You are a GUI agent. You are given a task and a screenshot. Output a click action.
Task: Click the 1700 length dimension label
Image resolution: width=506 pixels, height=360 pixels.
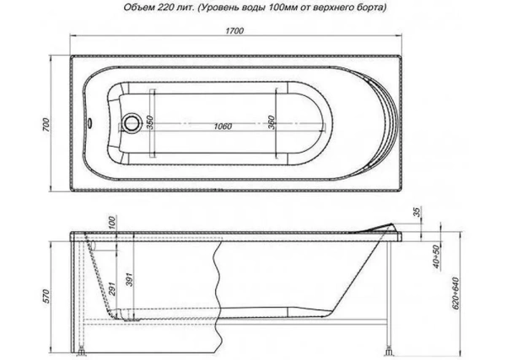coord(235,31)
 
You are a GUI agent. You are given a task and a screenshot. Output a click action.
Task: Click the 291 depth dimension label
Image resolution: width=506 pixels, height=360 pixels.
coord(110,286)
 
